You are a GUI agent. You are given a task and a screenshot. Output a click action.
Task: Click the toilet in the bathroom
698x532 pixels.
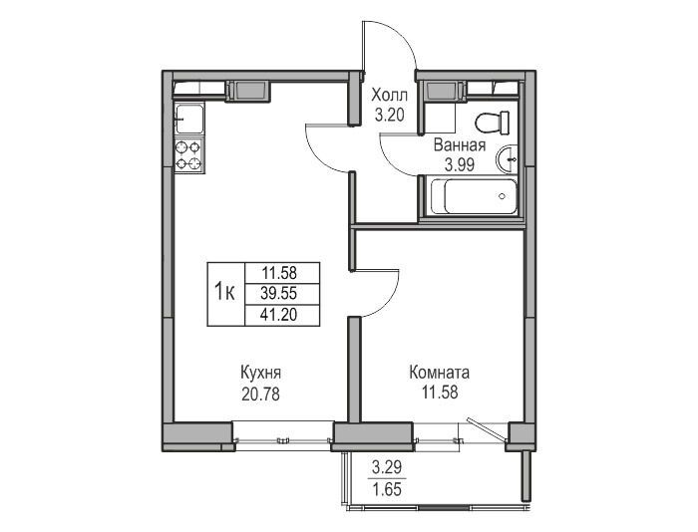493,123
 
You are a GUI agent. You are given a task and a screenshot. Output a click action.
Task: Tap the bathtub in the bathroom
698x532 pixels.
470,196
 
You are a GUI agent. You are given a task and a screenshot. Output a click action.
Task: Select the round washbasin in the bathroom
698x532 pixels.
507,158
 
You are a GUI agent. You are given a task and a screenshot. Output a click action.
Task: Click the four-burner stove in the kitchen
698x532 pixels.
188,155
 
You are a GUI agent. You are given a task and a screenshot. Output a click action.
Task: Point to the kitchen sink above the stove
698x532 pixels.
189,119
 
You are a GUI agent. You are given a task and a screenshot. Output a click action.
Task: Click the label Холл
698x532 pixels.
389,96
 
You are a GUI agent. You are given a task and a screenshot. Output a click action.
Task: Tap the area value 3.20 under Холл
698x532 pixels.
389,116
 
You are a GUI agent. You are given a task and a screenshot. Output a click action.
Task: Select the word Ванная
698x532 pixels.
460,145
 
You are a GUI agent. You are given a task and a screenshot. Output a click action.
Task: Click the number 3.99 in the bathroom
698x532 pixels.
460,165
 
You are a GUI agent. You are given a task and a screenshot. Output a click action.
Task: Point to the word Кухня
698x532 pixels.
260,374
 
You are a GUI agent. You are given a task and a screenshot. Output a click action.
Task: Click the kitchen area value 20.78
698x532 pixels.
260,394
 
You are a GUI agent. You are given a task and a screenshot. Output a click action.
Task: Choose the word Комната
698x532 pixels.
440,373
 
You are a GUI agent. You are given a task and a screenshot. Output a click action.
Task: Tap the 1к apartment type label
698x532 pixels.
225,292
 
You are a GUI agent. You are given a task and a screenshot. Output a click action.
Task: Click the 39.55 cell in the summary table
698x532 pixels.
279,293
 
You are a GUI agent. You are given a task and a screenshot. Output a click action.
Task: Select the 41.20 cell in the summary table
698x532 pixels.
279,315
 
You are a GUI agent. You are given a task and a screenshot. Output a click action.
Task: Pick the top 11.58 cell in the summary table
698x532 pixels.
279,272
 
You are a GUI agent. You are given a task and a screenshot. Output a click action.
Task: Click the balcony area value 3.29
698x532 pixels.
387,467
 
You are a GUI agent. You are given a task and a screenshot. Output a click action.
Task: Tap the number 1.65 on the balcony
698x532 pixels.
387,489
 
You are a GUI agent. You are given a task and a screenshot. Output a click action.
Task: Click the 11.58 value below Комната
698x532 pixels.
440,393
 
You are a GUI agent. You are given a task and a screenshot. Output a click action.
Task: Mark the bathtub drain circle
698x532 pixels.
503,196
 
